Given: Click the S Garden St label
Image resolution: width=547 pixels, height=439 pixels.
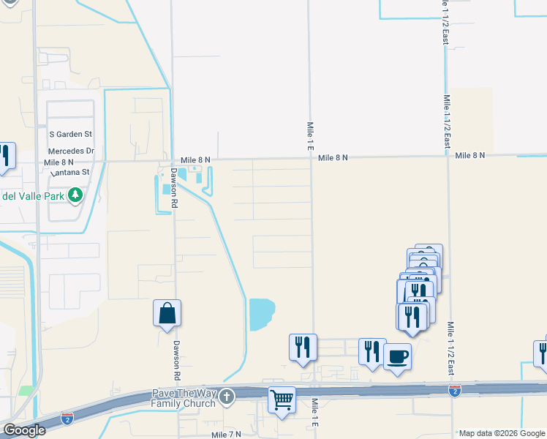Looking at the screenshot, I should point(71,135).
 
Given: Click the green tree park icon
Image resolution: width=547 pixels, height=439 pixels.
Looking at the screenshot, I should point(75,195).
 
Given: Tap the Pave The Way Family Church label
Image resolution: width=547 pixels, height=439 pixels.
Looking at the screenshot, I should point(183,398).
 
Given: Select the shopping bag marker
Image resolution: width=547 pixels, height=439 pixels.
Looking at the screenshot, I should point(167,313).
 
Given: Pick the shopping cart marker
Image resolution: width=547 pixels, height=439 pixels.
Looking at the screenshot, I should point(282,400).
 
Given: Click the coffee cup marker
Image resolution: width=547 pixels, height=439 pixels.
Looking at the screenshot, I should point(397,357).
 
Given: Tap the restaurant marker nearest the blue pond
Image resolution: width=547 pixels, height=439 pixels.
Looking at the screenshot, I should point(303,347).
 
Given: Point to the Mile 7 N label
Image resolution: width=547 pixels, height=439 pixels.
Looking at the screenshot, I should point(226,435).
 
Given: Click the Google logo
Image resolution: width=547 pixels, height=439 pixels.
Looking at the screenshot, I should point(24,430).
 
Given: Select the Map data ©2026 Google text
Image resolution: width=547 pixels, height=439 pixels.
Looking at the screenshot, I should point(502,433).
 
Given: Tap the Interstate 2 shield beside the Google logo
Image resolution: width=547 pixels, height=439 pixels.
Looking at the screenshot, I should point(67,419).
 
